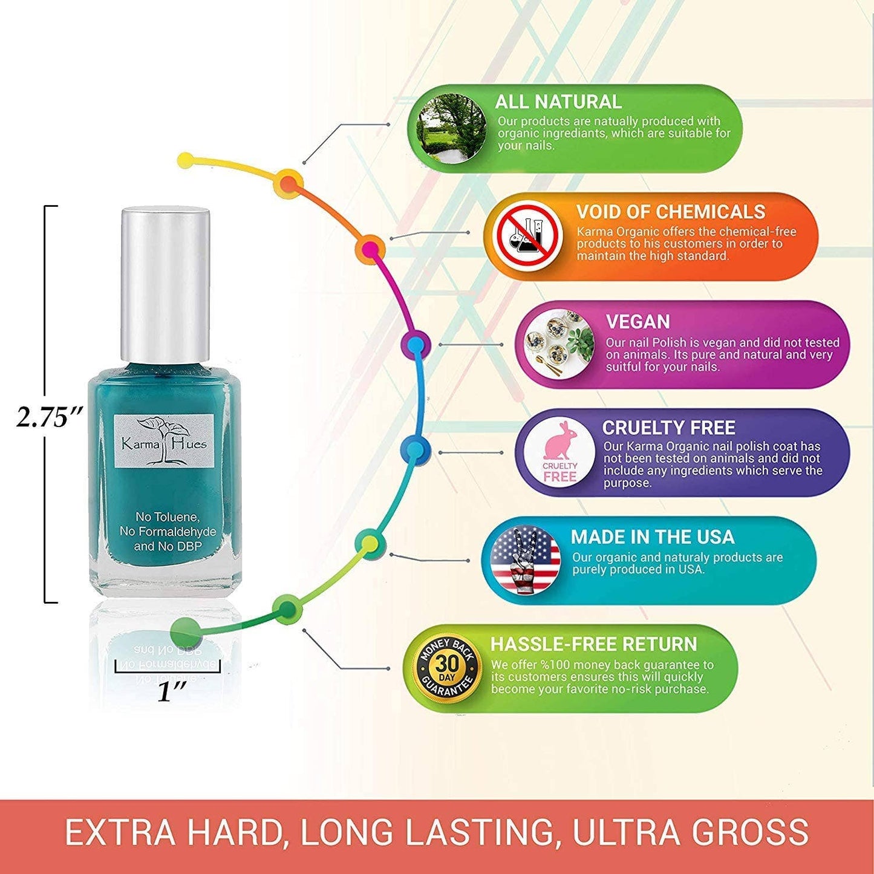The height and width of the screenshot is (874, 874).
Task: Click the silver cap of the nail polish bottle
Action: pyautogui.click(x=165, y=284)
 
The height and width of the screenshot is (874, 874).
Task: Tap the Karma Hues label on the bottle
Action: pyautogui.click(x=165, y=441)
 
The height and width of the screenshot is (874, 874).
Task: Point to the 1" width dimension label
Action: pyautogui.click(x=171, y=691)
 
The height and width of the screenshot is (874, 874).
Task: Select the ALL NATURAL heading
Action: pyautogui.click(x=558, y=102)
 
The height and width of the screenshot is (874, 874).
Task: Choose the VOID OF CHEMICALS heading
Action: pyautogui.click(x=670, y=212)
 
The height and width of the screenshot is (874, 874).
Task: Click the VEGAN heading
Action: pyautogui.click(x=638, y=322)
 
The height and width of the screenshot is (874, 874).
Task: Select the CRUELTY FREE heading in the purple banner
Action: pyautogui.click(x=668, y=428)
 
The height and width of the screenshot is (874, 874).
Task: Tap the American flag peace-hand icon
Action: pyautogui.click(x=525, y=559)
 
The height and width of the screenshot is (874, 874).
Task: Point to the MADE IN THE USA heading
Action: pyautogui.click(x=652, y=536)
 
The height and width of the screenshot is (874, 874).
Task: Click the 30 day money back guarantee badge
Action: pyautogui.click(x=447, y=668)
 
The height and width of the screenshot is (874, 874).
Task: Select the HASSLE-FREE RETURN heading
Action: pyautogui.click(x=593, y=644)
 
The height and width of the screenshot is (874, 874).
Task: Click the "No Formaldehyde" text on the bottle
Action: pyautogui.click(x=168, y=532)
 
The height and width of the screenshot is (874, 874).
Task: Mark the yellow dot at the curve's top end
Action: pyautogui.click(x=186, y=160)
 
